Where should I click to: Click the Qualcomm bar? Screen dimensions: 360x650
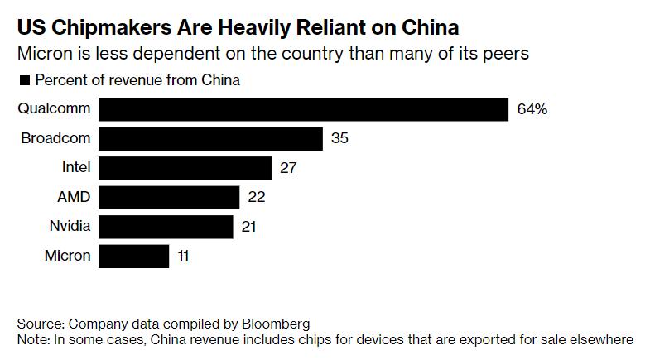click(303, 109)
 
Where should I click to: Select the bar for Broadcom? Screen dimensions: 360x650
click(210, 138)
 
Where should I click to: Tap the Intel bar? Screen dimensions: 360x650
click(185, 167)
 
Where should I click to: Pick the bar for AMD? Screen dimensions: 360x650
click(169, 197)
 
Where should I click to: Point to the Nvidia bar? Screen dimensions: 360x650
click(166, 226)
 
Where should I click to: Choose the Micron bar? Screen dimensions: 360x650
click(134, 255)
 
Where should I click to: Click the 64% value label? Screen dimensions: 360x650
click(532, 109)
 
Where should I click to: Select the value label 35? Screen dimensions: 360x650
click(339, 138)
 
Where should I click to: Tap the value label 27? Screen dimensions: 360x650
click(288, 167)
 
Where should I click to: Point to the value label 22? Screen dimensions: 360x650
click(257, 197)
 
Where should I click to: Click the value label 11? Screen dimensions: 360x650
click(183, 255)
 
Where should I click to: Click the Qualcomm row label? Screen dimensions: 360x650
click(54, 109)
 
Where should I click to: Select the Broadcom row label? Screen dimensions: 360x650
click(55, 138)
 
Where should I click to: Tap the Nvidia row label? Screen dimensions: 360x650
click(69, 226)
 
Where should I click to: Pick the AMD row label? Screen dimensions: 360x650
click(73, 197)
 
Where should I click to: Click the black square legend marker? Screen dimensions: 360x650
click(23, 81)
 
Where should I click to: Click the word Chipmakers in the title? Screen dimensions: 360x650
click(125, 28)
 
